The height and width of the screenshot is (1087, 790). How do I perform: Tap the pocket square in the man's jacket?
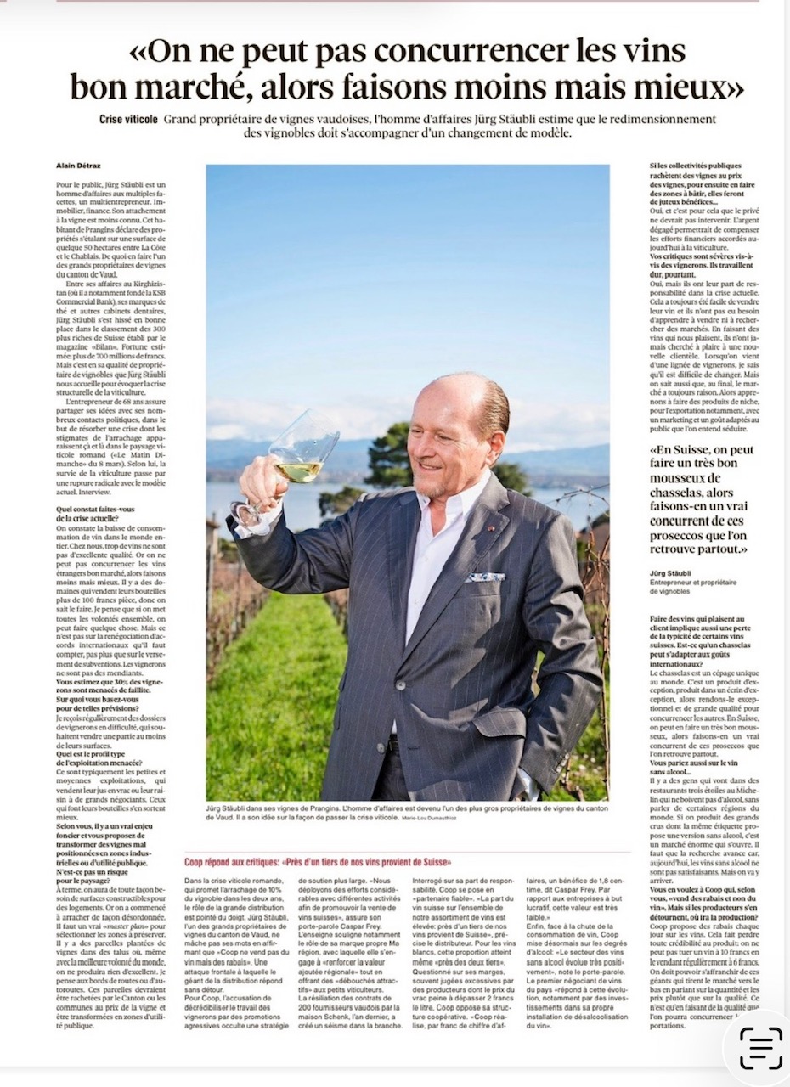coord(485,577)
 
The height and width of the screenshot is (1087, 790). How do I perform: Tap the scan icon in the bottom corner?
coord(760,1049)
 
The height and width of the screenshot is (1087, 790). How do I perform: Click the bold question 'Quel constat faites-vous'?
coord(95,510)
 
